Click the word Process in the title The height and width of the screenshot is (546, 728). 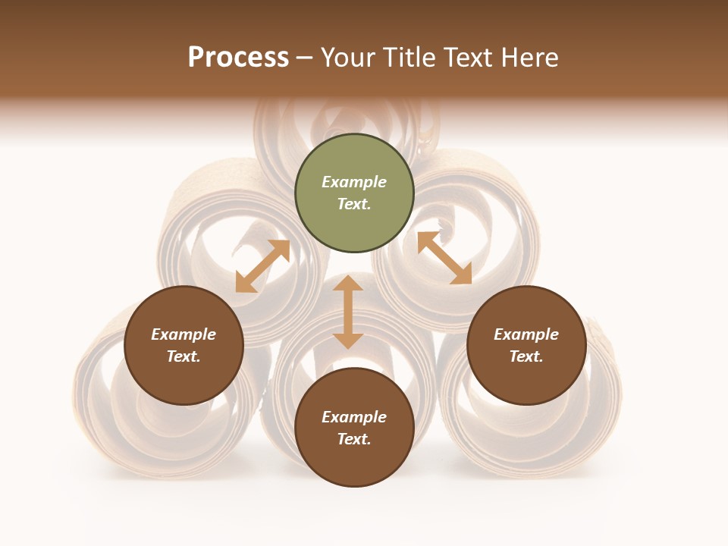tap(238, 58)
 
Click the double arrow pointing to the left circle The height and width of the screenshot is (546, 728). tap(262, 266)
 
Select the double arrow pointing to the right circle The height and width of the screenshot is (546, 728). tap(444, 258)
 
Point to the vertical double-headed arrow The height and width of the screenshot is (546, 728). tap(348, 312)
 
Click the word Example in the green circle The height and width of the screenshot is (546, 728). tap(354, 182)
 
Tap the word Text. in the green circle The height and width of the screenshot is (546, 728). tap(354, 204)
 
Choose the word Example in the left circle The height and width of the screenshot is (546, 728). tap(184, 334)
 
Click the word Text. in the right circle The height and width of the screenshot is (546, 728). tap(526, 356)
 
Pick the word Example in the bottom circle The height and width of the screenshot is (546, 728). tap(354, 417)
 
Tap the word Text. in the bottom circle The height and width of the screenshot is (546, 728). tap(354, 439)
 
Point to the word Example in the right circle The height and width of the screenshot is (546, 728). tap(526, 334)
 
